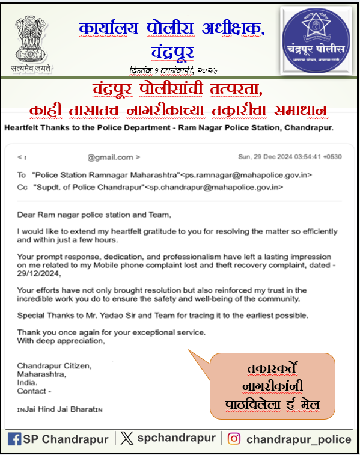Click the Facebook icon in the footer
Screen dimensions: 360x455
[x=15, y=439]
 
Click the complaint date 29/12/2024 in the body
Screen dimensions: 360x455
[x=38, y=273]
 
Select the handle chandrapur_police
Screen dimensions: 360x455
[x=298, y=439]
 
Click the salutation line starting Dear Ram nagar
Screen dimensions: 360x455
[x=94, y=214]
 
